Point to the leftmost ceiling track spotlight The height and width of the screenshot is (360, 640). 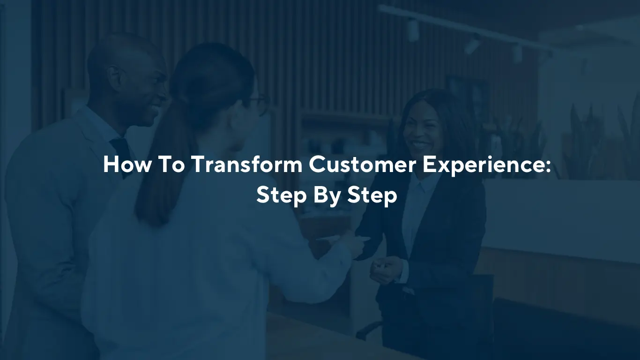click(412, 29)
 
